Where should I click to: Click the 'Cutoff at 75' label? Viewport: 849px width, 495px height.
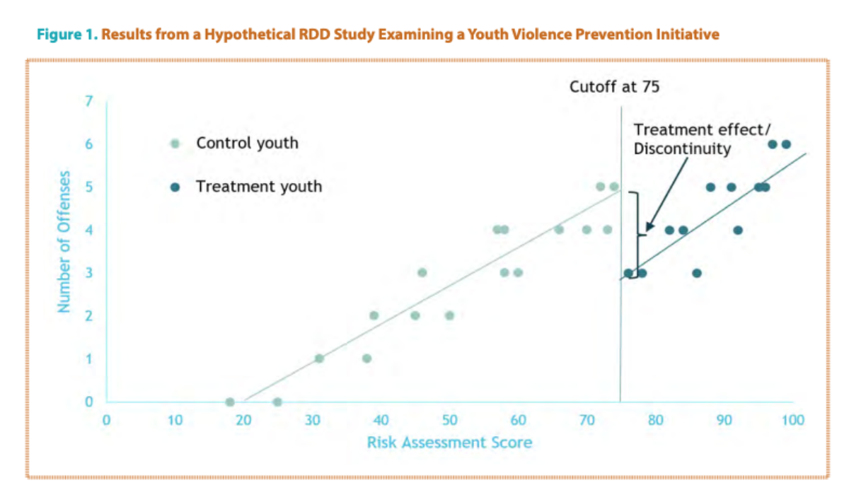click(x=614, y=87)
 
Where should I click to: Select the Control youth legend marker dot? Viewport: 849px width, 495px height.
click(x=176, y=144)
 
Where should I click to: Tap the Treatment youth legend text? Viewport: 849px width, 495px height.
click(x=259, y=187)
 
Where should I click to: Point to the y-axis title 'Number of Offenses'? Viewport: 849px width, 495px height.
click(x=65, y=241)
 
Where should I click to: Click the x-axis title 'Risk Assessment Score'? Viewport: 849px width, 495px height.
click(x=449, y=443)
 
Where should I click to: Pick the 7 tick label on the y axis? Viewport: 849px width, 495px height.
click(x=88, y=101)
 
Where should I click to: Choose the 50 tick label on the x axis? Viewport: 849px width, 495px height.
click(x=449, y=420)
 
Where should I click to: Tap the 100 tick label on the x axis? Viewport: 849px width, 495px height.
click(x=792, y=420)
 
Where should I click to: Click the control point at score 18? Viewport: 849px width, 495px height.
click(x=230, y=402)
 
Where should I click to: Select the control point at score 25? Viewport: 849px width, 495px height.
click(x=277, y=402)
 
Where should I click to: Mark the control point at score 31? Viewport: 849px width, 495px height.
click(x=319, y=359)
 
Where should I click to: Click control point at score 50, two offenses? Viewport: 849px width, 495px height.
click(x=449, y=315)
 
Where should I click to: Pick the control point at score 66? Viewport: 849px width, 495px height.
click(x=559, y=230)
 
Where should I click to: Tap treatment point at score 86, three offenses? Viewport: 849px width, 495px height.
click(x=697, y=273)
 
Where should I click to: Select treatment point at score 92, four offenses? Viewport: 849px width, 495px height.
click(x=738, y=230)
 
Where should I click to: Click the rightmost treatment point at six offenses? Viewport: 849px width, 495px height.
click(x=786, y=144)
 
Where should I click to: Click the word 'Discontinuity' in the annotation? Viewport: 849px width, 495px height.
click(x=682, y=149)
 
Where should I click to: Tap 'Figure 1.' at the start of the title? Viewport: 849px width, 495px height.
click(x=68, y=34)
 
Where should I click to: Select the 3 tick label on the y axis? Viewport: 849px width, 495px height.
click(x=88, y=273)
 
